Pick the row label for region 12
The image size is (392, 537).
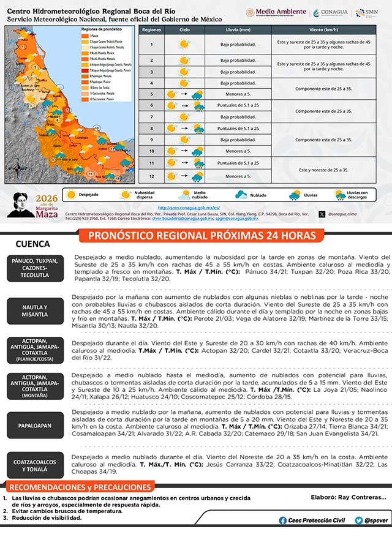pos(151,176)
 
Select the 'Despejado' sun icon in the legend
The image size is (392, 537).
pos(72,195)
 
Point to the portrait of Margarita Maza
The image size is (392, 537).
pos(22,204)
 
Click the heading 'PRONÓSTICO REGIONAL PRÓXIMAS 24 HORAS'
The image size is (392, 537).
pos(202,236)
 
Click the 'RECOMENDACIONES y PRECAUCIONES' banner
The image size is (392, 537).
pos(80,487)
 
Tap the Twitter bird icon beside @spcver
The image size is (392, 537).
pos(358,520)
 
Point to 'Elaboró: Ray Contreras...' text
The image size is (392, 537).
pos(349,497)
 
